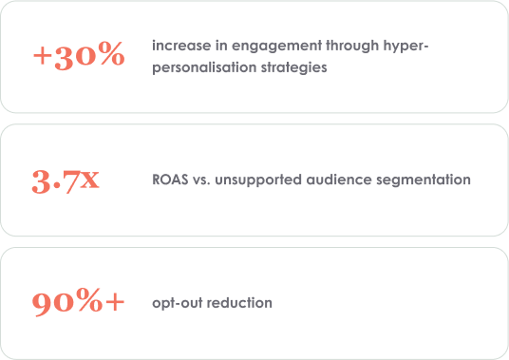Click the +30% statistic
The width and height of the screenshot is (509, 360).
pyautogui.click(x=79, y=55)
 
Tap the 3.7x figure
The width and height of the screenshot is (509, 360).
pyautogui.click(x=66, y=181)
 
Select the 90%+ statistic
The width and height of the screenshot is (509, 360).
pyautogui.click(x=78, y=302)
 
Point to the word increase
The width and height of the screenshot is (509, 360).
pyautogui.click(x=181, y=46)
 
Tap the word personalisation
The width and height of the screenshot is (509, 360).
pyautogui.click(x=204, y=68)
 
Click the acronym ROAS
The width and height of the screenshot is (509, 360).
pyautogui.click(x=170, y=180)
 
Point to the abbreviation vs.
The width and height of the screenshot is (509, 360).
pyautogui.click(x=201, y=180)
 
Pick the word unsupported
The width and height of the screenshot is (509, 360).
pyautogui.click(x=258, y=180)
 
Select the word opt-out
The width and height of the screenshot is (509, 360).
pyautogui.click(x=178, y=304)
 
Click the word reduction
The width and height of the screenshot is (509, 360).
pyautogui.click(x=239, y=303)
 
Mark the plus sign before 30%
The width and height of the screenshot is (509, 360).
pyautogui.click(x=43, y=56)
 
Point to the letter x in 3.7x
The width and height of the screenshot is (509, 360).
pyautogui.click(x=90, y=180)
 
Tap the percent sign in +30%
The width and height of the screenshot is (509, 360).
pyautogui.click(x=111, y=53)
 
